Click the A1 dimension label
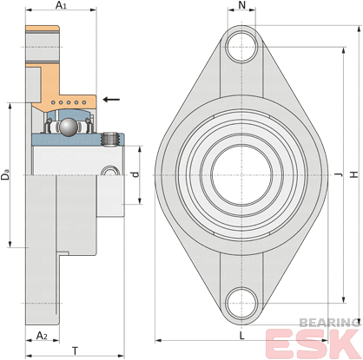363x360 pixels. [61, 5]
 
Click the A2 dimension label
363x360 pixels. [42, 336]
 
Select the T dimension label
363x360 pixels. [75, 351]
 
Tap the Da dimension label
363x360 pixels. [5, 175]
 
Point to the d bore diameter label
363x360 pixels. [135, 174]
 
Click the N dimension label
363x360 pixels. [241, 5]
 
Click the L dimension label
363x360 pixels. [242, 336]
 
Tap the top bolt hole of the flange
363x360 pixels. [241, 47]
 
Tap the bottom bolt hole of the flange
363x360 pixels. [241, 303]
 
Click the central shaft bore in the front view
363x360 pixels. [241, 174]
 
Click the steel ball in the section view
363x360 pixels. [69, 127]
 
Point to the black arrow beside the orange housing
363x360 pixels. [111, 100]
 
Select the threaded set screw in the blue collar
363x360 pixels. [110, 140]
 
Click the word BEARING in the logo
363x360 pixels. [329, 323]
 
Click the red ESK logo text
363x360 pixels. [314, 344]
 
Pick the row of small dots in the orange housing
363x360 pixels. [69, 102]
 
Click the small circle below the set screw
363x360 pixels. [110, 171]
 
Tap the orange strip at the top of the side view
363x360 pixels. [43, 29]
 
